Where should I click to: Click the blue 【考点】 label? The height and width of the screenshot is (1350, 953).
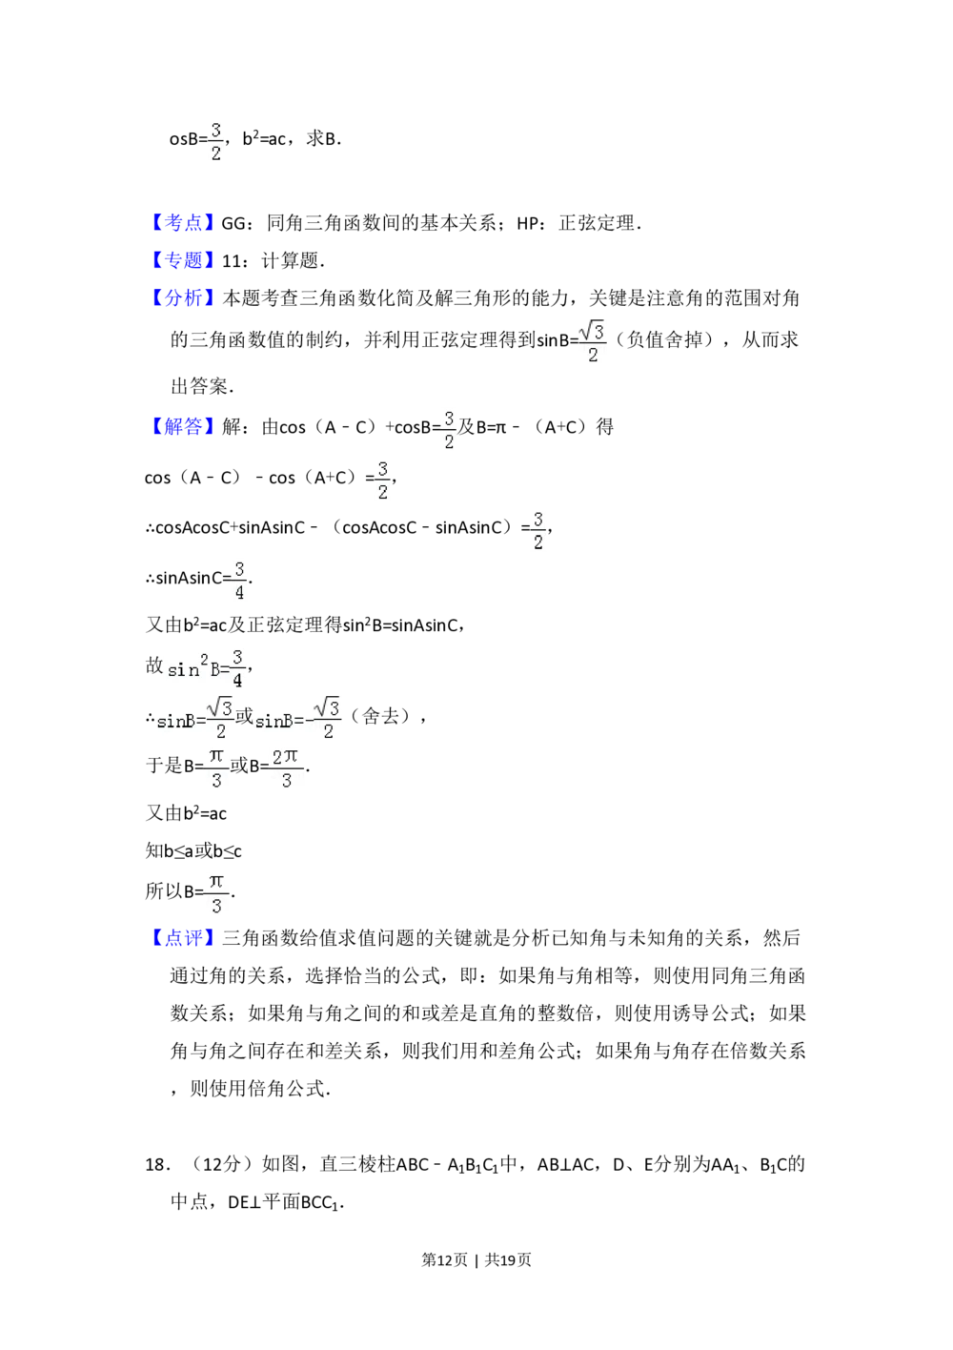183,222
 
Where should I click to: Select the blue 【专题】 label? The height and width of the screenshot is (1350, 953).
183,259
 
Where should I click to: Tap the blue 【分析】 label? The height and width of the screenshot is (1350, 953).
183,297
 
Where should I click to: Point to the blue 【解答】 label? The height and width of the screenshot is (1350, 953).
183,425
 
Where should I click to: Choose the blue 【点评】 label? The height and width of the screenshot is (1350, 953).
183,938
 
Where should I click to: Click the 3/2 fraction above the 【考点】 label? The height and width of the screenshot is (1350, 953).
216,141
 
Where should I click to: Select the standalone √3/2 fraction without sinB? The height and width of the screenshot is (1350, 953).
592,340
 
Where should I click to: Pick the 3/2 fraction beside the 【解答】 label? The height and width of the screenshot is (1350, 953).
447,431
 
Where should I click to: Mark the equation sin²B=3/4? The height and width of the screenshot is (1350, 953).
205,666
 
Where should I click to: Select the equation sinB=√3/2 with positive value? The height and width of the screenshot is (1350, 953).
194,721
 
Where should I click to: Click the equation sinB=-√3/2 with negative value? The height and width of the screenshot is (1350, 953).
297,721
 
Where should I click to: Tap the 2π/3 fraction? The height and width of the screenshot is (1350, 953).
286,769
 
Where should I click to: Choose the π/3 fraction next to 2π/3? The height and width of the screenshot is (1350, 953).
216,769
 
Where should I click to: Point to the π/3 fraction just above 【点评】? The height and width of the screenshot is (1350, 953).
216,895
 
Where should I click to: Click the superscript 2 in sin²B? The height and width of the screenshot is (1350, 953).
204,658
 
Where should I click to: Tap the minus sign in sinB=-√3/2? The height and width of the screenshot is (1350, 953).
309,722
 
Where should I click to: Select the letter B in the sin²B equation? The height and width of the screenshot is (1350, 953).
214,669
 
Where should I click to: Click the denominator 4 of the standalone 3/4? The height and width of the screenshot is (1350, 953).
239,593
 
